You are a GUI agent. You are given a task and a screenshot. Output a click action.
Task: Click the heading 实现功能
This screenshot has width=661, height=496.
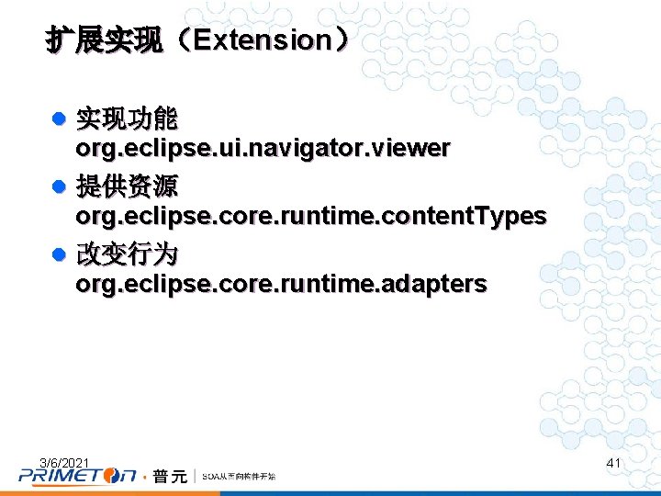pos(127,118)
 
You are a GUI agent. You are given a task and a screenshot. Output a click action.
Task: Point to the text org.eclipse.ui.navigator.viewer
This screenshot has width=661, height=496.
pos(263,148)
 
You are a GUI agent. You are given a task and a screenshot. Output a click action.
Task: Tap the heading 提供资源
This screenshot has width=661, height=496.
pos(127,186)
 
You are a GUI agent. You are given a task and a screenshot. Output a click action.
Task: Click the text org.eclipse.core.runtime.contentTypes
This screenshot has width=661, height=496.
pos(310,216)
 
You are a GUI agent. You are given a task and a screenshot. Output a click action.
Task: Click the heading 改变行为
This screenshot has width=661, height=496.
pos(127,254)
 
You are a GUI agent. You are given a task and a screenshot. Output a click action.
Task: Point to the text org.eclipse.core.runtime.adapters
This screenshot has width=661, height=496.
pos(281,284)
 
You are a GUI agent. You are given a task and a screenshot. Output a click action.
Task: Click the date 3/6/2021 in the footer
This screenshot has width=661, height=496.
pos(64,462)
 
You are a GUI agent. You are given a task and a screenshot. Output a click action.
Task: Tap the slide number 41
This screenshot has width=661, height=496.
pos(614,463)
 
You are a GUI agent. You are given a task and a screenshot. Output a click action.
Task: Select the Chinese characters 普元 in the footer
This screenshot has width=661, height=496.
pos(170,476)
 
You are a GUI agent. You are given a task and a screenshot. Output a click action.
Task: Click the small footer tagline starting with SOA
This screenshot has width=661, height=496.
pos(238,477)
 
